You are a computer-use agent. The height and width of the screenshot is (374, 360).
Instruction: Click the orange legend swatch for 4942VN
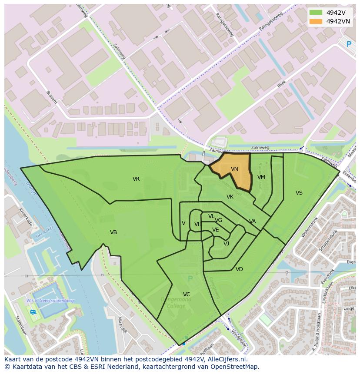316,21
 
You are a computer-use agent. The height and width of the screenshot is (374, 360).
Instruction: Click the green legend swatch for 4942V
316,13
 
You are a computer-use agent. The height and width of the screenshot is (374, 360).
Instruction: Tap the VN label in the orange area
234,169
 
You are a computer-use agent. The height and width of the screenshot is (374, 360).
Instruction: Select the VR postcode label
136,179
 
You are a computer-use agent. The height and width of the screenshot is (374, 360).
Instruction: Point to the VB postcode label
113,232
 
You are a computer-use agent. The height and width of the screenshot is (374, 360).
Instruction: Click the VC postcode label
187,295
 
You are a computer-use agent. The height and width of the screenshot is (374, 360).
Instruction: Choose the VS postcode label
299,193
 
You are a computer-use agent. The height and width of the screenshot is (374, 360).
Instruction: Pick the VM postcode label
261,177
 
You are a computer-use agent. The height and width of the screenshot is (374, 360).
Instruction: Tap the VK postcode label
230,197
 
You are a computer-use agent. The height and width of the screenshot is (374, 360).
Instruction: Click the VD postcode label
239,269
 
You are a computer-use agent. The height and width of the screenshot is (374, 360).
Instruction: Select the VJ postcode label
226,244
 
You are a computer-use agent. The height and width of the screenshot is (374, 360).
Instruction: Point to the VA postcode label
253,222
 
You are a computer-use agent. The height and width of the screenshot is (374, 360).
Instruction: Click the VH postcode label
198,224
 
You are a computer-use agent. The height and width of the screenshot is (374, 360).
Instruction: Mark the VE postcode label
216,230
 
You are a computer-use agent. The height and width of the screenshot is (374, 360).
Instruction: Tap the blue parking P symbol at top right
348,44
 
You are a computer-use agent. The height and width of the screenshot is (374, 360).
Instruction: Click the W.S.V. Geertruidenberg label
50,301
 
